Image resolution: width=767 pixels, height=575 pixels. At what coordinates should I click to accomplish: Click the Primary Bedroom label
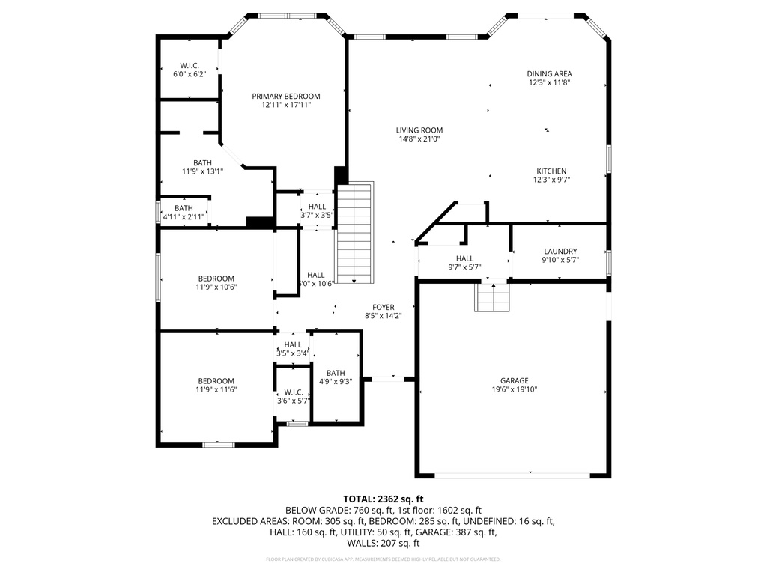(x=285, y=100)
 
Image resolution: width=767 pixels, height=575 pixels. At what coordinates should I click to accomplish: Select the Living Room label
(x=419, y=134)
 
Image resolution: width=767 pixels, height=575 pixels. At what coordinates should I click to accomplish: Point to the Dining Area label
(x=549, y=78)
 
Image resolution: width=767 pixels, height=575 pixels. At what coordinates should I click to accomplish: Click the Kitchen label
(x=551, y=175)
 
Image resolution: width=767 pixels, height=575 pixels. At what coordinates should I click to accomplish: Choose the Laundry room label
(x=560, y=255)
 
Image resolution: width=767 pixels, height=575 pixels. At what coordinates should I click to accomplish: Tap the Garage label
(x=515, y=385)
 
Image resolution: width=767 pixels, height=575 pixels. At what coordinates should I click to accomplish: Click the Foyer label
(x=383, y=311)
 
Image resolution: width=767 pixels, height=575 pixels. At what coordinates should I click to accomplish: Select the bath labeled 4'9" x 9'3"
(x=335, y=377)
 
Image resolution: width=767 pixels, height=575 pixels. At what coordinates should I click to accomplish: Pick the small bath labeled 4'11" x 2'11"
(x=184, y=213)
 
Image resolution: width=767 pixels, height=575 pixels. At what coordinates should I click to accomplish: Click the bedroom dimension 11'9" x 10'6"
(x=216, y=287)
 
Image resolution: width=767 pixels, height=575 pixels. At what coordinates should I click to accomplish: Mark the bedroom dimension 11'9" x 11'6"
(x=216, y=389)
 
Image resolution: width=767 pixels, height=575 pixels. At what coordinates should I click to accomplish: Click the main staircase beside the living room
(x=354, y=233)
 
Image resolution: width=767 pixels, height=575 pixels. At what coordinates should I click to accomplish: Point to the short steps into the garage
(x=493, y=297)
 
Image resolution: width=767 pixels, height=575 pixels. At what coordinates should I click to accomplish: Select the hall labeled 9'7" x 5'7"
(x=464, y=262)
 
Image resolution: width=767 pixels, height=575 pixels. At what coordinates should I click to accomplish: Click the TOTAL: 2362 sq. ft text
(x=383, y=499)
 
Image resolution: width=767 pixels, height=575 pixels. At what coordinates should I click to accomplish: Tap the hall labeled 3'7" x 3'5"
(x=317, y=210)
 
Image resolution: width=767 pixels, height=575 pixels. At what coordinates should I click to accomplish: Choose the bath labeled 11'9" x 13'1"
(x=202, y=167)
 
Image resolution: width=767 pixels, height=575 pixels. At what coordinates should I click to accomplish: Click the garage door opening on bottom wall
(x=513, y=475)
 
